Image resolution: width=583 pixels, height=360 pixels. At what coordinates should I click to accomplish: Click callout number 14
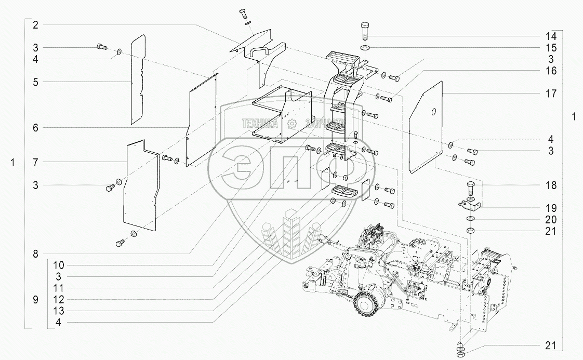pyautogui.click(x=551, y=36)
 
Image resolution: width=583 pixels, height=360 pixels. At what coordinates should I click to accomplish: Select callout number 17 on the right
pyautogui.click(x=551, y=94)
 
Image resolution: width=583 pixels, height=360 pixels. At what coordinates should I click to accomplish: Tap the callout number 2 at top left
pyautogui.click(x=35, y=25)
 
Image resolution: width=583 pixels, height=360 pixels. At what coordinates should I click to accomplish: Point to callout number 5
pyautogui.click(x=35, y=82)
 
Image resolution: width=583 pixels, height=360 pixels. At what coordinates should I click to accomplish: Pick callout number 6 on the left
pyautogui.click(x=35, y=128)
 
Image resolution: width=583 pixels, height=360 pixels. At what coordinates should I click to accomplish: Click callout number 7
pyautogui.click(x=35, y=163)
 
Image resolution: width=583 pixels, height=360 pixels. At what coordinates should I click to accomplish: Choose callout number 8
pyautogui.click(x=35, y=254)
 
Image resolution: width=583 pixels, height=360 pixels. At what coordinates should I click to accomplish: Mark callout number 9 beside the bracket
pyautogui.click(x=35, y=300)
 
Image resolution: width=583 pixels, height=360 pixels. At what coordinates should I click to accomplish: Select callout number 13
pyautogui.click(x=59, y=311)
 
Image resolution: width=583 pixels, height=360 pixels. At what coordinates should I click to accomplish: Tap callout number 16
pyautogui.click(x=551, y=71)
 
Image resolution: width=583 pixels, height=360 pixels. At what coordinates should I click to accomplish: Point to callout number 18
pyautogui.click(x=551, y=185)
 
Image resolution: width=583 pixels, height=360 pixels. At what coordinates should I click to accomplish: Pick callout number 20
pyautogui.click(x=551, y=220)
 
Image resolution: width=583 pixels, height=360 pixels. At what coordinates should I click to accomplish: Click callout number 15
pyautogui.click(x=551, y=48)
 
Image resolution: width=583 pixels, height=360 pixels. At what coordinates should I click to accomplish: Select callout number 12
pyautogui.click(x=59, y=300)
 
